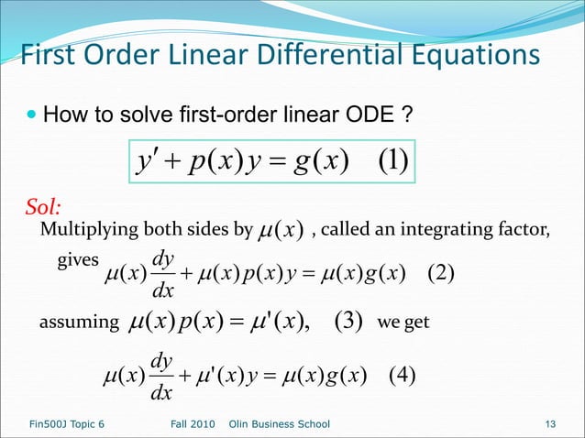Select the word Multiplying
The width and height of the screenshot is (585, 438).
click(85, 228)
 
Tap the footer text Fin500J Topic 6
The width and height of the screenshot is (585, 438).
click(61, 424)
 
